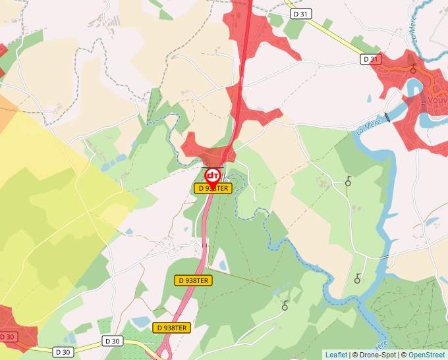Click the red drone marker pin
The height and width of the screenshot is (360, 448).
tap(212, 176)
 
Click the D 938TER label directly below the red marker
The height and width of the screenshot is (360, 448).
tap(213, 188)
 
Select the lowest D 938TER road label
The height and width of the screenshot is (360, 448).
tap(172, 327)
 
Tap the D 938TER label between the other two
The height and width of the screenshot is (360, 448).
tap(194, 280)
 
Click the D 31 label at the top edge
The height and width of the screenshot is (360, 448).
tap(300, 14)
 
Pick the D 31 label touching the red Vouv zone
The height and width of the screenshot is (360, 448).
tap(371, 59)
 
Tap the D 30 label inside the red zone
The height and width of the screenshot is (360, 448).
tap(7, 337)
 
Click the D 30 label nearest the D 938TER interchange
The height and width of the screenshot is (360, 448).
tap(113, 341)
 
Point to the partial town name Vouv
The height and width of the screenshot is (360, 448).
tap(437, 100)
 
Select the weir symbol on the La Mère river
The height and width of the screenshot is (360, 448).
tap(387, 117)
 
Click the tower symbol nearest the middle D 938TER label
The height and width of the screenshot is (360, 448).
tap(285, 305)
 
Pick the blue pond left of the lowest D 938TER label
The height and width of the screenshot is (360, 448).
tap(141, 321)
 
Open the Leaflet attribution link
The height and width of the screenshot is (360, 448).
tap(336, 355)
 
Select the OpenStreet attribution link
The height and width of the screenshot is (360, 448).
tap(426, 355)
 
